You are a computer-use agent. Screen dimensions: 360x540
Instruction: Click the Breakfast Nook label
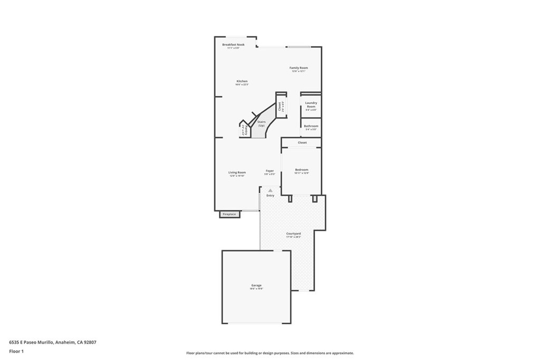tap(233, 45)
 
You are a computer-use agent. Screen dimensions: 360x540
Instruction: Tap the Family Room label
tap(298, 68)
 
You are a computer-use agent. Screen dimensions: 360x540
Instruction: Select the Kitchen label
tap(242, 81)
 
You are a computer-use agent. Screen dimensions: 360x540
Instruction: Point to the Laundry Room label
tap(311, 104)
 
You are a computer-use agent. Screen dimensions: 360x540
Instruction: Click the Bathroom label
tap(311, 126)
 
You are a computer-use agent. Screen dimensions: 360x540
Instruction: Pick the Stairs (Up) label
tap(261, 123)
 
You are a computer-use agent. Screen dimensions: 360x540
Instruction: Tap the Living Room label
tap(237, 172)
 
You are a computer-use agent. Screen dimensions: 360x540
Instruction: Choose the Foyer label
tap(269, 171)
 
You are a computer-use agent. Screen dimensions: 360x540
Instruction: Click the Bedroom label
tap(302, 170)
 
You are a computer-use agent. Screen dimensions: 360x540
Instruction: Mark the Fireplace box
tap(229, 214)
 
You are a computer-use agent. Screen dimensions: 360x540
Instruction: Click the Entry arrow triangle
tap(271, 190)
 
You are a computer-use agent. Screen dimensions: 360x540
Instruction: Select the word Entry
tap(271, 196)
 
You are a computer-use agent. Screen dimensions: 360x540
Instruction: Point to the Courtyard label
tap(293, 233)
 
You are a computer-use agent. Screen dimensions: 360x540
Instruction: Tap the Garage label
tap(256, 285)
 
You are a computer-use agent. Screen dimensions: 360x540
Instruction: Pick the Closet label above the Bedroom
tap(302, 142)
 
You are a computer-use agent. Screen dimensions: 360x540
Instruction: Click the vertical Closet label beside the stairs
tap(279, 106)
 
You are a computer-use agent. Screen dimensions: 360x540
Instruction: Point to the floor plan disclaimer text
tap(269, 353)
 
